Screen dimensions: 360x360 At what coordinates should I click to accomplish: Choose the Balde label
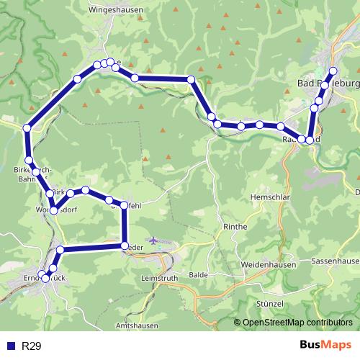click(x=198, y=275)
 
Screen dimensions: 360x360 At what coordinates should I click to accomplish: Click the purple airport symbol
click(x=153, y=240)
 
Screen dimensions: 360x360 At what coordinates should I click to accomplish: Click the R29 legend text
click(x=31, y=346)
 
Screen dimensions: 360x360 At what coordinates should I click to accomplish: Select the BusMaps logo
click(x=325, y=346)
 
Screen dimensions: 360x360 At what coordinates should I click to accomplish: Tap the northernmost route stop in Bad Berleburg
click(x=333, y=71)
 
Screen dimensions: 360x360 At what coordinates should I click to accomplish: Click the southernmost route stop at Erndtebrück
click(x=45, y=277)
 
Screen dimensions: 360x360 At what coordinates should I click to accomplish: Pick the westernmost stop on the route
click(x=27, y=128)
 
